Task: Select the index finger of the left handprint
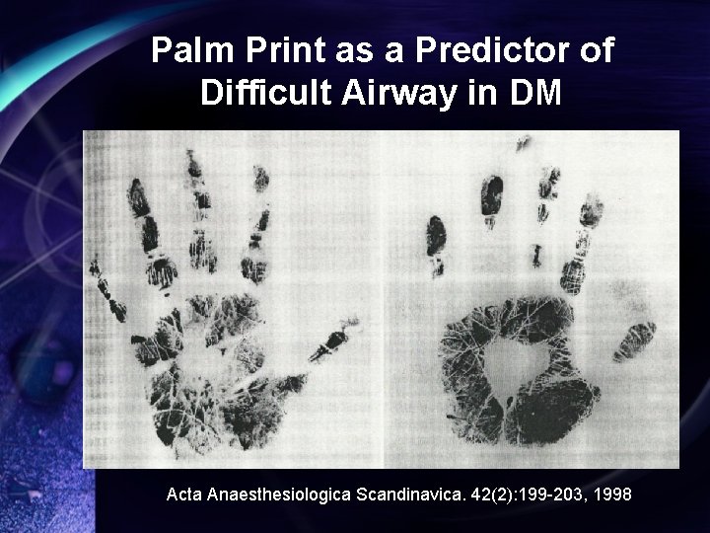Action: (x=259, y=222)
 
